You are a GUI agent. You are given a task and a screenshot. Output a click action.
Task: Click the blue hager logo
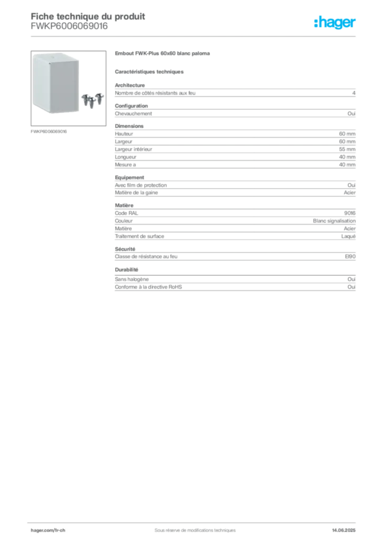[335, 23]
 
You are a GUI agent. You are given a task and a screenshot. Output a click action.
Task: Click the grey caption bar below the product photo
[48, 130]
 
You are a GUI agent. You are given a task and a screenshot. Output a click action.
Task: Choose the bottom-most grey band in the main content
[235, 285]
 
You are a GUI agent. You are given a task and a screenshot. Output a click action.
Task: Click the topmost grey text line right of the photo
[163, 55]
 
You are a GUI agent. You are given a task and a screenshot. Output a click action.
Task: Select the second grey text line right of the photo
[150, 71]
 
